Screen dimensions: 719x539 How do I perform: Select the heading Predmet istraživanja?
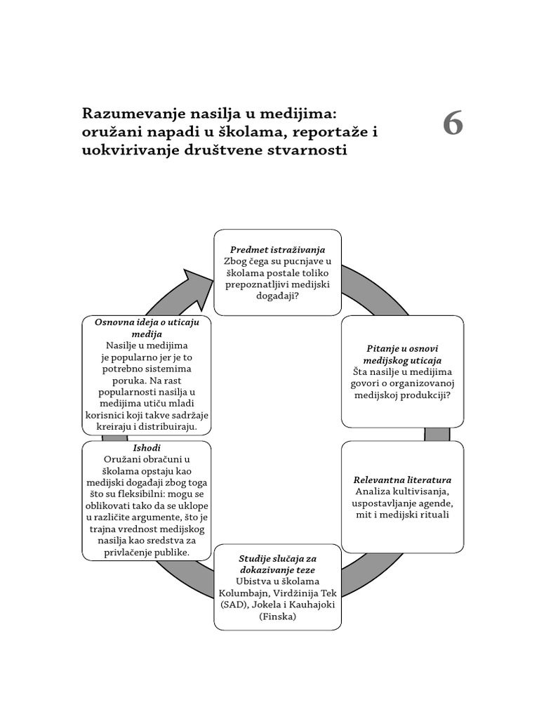277,249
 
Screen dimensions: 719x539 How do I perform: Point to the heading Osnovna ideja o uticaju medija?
147,328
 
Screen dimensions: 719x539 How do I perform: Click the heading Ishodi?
146,448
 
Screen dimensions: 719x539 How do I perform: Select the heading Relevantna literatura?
402,480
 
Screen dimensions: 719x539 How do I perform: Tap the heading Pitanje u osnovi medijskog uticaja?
402,354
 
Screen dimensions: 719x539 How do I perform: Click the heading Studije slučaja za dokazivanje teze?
277,564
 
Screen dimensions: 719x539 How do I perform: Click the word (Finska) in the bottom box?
277,616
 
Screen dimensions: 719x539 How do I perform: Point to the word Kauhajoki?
310,605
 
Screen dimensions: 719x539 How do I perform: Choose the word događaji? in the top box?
277,296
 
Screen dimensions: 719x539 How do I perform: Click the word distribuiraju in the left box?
173,426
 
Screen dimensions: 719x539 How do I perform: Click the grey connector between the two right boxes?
437,434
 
